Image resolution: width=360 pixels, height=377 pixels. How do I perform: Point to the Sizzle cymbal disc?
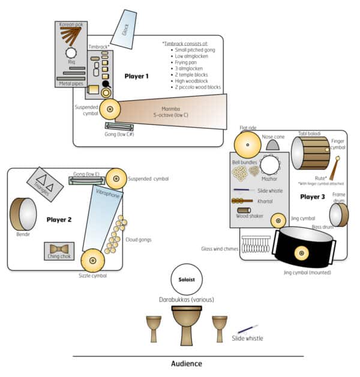click(x=93, y=260)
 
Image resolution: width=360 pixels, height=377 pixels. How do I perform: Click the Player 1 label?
click(x=136, y=76)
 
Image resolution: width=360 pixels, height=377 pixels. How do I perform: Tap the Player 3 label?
click(x=312, y=196)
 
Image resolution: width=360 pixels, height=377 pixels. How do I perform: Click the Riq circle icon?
click(x=71, y=53)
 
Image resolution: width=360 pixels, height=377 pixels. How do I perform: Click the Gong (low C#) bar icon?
click(x=119, y=126)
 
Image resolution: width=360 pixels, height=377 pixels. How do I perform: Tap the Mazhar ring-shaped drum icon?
click(x=269, y=164)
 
